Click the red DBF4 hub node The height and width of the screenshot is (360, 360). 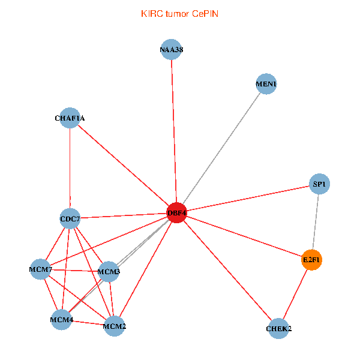pyautogui.click(x=176, y=213)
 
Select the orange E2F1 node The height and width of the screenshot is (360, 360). pyautogui.click(x=311, y=260)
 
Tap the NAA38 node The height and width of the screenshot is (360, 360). pyautogui.click(x=171, y=50)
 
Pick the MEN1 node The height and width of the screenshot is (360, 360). pyautogui.click(x=266, y=84)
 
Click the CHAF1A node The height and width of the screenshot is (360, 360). pyautogui.click(x=70, y=118)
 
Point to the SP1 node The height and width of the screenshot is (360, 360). pyautogui.click(x=319, y=184)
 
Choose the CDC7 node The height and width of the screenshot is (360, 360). pyautogui.click(x=70, y=219)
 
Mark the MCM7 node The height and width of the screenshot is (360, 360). pyautogui.click(x=41, y=269)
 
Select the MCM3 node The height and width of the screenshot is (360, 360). pyautogui.click(x=109, y=272)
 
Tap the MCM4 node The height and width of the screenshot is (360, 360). pyautogui.click(x=62, y=319)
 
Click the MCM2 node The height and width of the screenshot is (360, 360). pyautogui.click(x=114, y=326)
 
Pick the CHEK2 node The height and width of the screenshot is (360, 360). pyautogui.click(x=278, y=328)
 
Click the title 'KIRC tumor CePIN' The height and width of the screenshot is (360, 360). pyautogui.click(x=179, y=13)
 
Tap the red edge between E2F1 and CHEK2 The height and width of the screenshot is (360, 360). pyautogui.click(x=295, y=293)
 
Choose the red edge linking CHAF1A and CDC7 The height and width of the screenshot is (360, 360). pyautogui.click(x=70, y=168)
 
